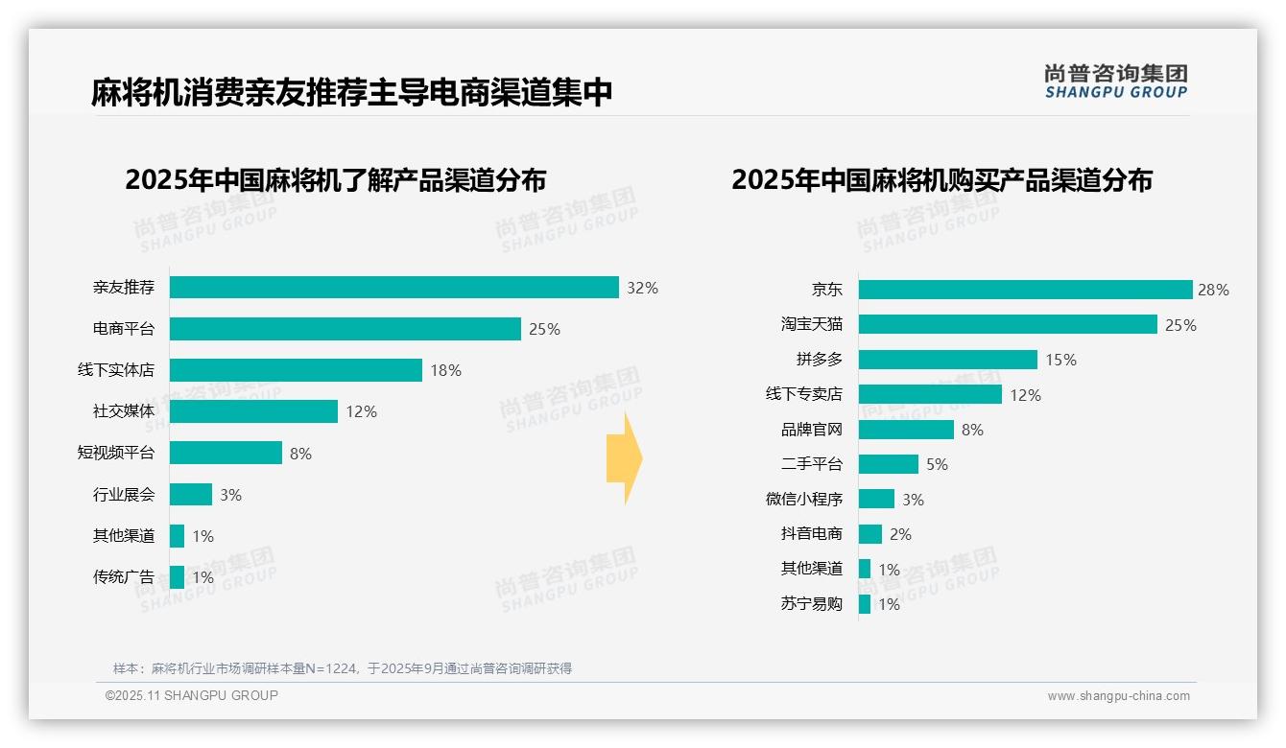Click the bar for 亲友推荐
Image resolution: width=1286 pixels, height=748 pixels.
[x=394, y=287]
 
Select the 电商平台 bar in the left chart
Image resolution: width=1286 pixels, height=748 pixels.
[x=345, y=329]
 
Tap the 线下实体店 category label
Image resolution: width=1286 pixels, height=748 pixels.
[x=116, y=370]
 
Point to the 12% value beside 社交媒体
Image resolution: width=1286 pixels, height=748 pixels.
[x=362, y=411]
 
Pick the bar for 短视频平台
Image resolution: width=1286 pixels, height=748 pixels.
[x=226, y=453]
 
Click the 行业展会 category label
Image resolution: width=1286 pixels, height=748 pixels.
[x=124, y=495]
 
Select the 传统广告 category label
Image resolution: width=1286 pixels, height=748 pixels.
[x=124, y=577]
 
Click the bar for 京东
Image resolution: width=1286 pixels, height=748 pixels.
[x=1025, y=290]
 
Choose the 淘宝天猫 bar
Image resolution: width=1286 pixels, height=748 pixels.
[x=1008, y=324]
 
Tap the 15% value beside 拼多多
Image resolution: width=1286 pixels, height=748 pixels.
[x=1061, y=360]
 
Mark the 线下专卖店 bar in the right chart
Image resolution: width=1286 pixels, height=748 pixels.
[x=930, y=394]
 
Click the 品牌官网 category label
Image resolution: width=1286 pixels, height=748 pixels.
[x=812, y=430]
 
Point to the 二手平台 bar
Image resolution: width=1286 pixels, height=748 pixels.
[x=889, y=464]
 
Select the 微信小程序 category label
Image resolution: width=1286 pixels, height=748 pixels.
[x=804, y=500]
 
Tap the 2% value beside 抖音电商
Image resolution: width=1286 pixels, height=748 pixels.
[x=900, y=534]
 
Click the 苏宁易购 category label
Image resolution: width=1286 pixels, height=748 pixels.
[x=812, y=604]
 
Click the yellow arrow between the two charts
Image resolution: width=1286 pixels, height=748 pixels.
[x=624, y=458]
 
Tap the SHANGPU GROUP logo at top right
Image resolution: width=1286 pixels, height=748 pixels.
[x=1115, y=82]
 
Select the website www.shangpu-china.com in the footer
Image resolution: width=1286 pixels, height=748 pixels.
[x=1118, y=696]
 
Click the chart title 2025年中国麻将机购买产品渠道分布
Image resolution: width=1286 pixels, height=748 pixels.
[x=941, y=180]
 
